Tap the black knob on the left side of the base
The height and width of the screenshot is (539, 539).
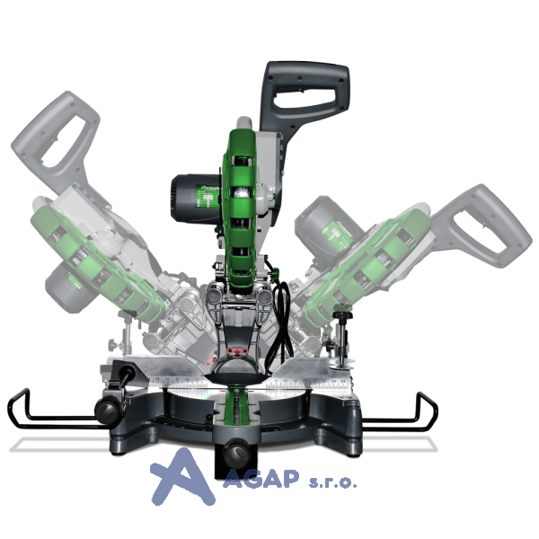(x=108, y=410)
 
